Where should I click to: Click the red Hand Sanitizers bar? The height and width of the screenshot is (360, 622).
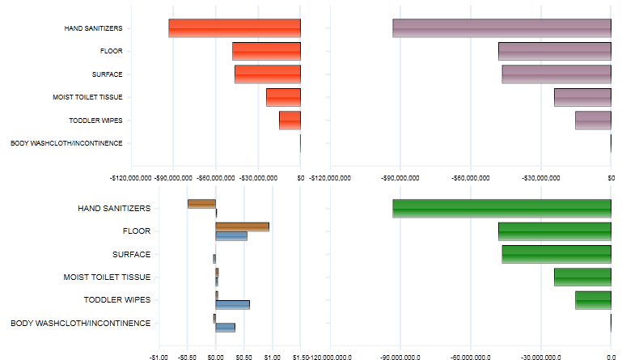click(235, 28)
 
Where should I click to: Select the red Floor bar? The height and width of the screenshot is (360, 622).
click(266, 51)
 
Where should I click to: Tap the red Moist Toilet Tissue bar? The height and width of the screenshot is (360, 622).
click(283, 97)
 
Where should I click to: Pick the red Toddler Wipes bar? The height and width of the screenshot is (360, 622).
click(290, 121)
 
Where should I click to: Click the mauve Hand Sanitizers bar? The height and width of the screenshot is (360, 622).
click(501, 28)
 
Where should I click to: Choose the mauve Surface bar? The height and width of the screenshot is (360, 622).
click(556, 74)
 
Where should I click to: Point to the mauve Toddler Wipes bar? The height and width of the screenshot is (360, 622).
click(593, 121)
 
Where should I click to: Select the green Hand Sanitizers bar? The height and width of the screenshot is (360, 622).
click(501, 208)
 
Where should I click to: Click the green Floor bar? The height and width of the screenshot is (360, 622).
click(555, 231)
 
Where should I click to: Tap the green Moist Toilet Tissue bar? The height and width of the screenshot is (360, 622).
click(582, 277)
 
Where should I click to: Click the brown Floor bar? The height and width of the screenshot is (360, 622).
click(242, 227)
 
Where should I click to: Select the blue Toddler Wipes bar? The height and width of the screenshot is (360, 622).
click(233, 304)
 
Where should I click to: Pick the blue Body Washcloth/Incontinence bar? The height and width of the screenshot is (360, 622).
click(225, 328)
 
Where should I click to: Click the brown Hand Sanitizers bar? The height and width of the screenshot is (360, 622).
click(201, 204)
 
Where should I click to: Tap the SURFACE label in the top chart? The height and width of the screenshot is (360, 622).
click(108, 74)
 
